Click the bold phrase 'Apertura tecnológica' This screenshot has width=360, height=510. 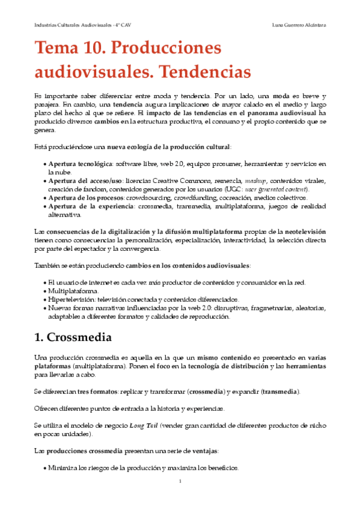click(80, 164)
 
